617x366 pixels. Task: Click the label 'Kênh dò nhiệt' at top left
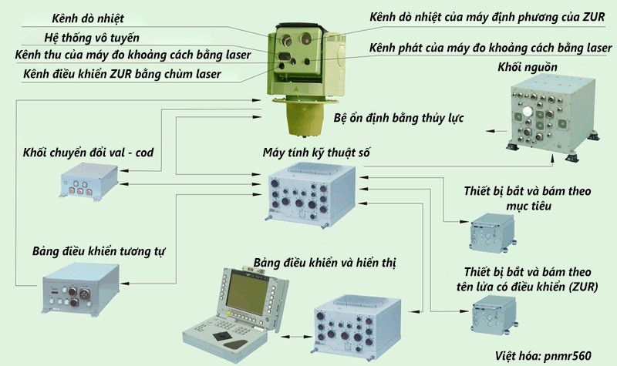point(88,18)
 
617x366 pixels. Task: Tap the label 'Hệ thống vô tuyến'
point(92,38)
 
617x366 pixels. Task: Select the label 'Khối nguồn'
point(528,67)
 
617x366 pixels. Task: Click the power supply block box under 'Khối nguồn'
point(552,117)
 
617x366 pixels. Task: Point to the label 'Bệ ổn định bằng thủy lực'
point(399,118)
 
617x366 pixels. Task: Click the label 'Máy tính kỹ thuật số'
point(316,153)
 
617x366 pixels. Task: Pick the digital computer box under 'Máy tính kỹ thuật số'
point(311,196)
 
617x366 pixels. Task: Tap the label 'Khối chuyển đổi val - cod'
point(88,153)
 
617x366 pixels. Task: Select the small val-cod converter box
point(89,181)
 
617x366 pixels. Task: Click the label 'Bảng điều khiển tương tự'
point(99,252)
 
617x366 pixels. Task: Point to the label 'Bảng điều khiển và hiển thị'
point(325,263)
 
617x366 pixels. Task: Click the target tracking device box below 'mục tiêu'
point(493,233)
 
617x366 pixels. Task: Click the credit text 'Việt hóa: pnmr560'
point(543,356)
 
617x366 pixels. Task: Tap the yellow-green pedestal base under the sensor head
point(305,118)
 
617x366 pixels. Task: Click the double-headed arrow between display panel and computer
point(296,337)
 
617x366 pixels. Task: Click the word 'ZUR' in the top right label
point(594,17)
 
